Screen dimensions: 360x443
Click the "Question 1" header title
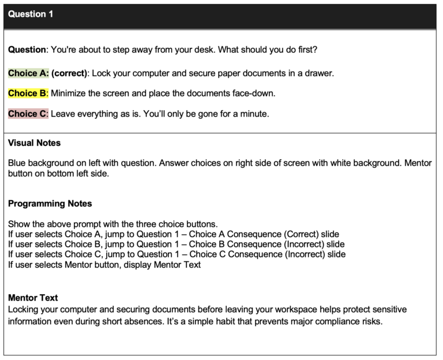coord(31,14)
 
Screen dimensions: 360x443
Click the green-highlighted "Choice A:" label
coord(28,73)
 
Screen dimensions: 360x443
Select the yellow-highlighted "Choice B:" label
coord(28,93)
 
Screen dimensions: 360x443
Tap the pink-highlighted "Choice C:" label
coord(28,114)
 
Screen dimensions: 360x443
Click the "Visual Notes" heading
coord(34,142)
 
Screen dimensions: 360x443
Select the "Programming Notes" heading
coord(50,203)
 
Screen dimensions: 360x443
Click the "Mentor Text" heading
coord(33,298)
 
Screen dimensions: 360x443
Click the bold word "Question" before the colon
coord(27,50)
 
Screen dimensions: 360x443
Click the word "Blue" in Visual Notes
coord(17,163)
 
